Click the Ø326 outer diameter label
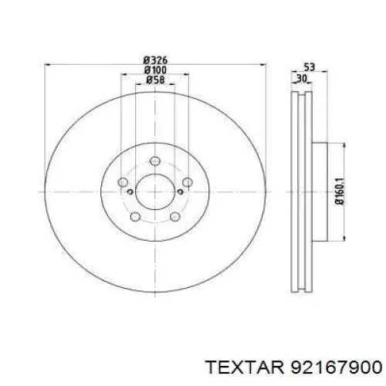155,60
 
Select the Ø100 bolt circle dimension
155,70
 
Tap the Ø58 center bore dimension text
155,80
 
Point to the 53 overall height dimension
309,67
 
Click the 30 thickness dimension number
302,78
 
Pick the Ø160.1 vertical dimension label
340,191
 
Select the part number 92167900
336,367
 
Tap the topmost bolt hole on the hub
155,161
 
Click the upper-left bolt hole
123,182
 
